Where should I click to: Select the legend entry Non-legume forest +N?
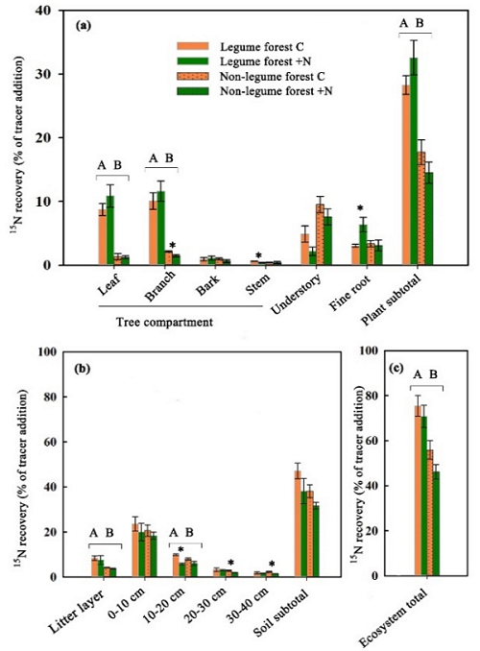point(255,91)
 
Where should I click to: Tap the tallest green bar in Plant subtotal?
point(414,161)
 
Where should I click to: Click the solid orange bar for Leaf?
point(102,237)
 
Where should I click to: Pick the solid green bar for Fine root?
point(363,245)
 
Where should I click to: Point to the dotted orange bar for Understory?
point(320,234)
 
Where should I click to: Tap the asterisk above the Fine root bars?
point(360,208)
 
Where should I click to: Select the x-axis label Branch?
point(160,286)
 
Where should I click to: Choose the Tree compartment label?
point(164,322)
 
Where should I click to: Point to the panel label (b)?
point(82,369)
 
